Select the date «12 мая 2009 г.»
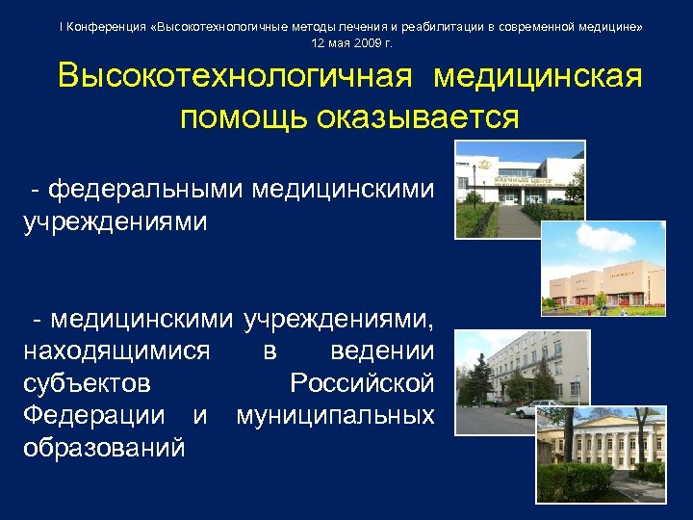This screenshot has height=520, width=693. click(351, 44)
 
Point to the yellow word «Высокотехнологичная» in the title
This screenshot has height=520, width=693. click(236, 78)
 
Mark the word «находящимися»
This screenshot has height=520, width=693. click(115, 351)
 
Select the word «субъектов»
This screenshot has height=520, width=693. click(86, 383)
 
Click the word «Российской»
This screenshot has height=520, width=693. click(361, 383)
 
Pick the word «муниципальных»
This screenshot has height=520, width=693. click(335, 416)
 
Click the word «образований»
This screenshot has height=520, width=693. click(104, 449)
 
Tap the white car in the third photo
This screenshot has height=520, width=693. click(532, 408)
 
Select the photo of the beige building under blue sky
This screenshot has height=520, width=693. click(603, 267)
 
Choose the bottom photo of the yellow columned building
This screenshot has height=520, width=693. click(601, 454)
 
